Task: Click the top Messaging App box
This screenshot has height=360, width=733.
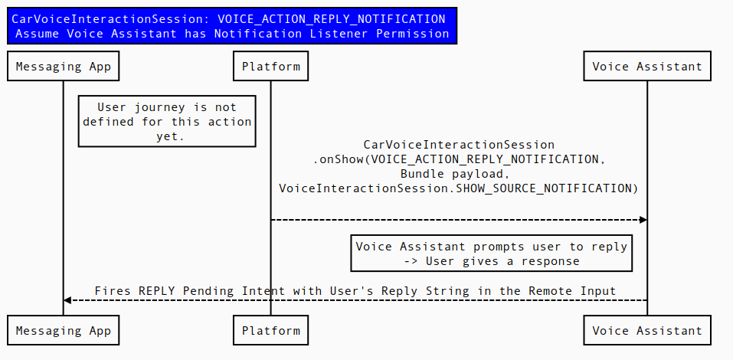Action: coord(64,67)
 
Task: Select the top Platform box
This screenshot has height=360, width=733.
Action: coord(270,67)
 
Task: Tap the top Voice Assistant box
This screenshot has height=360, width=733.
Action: coord(647,67)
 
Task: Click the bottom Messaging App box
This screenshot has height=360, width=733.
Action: coord(64,331)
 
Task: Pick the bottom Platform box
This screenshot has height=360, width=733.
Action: coord(270,331)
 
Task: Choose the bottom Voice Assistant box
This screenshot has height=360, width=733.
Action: coord(647,331)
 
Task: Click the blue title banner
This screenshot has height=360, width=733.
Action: coord(232,26)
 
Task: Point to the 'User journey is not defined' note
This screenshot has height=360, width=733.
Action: coord(167,121)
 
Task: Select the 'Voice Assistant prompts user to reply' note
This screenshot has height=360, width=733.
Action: coord(491,254)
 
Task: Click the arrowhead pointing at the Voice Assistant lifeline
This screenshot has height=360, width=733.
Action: coord(643,220)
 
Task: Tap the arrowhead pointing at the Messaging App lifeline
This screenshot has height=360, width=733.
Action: coord(67,300)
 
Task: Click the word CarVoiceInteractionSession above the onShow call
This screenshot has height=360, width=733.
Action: coord(459,145)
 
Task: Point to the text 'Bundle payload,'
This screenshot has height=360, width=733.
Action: coord(459,174)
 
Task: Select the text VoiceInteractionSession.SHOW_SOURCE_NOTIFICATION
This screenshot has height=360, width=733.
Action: coord(458,188)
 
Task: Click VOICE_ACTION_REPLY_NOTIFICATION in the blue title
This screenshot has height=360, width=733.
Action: coord(331,19)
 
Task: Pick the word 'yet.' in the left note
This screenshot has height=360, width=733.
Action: coord(167,136)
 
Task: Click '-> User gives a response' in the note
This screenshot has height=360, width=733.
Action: coord(491,261)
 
